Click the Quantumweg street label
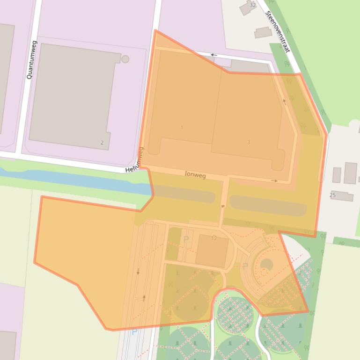pos(32,59)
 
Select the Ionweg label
pos(195,175)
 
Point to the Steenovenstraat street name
pos(278,32)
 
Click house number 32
pos(253,5)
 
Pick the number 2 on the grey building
pos(102,143)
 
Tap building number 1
pos(182,127)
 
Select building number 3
pos(249,142)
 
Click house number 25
pos(332,195)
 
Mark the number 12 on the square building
pos(214,238)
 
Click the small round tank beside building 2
pos(125,59)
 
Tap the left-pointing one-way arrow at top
pos(213,55)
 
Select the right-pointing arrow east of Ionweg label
pos(274,180)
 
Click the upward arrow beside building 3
pos(284,101)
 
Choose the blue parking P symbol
pos(134,332)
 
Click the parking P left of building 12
pos(186,239)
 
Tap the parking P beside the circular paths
pos(244,266)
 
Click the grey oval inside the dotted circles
pos(266,265)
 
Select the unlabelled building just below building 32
pos(263,32)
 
